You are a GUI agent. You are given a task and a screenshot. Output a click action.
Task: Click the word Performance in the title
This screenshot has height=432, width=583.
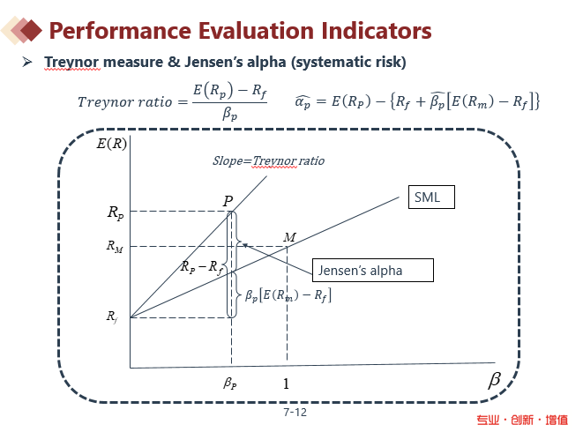point(115,32)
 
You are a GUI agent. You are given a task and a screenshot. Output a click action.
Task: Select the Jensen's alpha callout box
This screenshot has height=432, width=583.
point(373,271)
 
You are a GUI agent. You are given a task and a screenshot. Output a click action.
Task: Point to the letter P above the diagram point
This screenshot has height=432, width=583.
point(228,202)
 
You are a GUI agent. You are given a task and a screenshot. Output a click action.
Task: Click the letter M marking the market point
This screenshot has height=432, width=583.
point(289,237)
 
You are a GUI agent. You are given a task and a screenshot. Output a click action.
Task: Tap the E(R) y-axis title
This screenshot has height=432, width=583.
point(112,145)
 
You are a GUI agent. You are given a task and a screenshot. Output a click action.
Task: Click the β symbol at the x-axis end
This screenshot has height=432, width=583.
point(494,380)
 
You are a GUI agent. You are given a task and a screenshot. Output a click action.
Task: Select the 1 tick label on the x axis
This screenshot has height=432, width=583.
point(286,384)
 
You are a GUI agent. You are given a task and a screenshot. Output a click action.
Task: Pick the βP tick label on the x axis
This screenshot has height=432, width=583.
point(230,384)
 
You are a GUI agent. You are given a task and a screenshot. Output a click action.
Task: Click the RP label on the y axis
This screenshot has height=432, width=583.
point(116,212)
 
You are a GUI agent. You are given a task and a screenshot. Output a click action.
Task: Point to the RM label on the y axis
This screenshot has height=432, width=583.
point(115,247)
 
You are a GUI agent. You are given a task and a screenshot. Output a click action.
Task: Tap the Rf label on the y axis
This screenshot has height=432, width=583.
point(114,315)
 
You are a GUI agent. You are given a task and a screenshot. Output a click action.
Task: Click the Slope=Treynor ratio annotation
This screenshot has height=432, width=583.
point(268,161)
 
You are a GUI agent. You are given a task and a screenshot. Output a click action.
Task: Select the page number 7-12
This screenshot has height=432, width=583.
point(295,412)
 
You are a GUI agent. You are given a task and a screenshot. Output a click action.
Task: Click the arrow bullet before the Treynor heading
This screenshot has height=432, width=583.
point(27,63)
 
